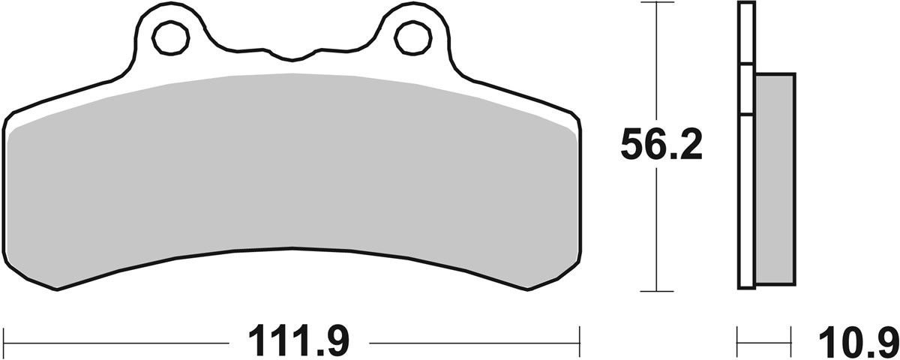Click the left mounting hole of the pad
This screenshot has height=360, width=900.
coord(170,37)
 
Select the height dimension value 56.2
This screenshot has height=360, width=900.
coord(661,146)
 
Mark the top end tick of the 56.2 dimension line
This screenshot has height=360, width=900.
coord(656,4)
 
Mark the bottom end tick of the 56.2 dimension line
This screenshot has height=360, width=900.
coord(656,291)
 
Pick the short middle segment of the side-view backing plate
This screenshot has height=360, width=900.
coord(745,90)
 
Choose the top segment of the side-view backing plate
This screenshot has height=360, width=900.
coord(745,34)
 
